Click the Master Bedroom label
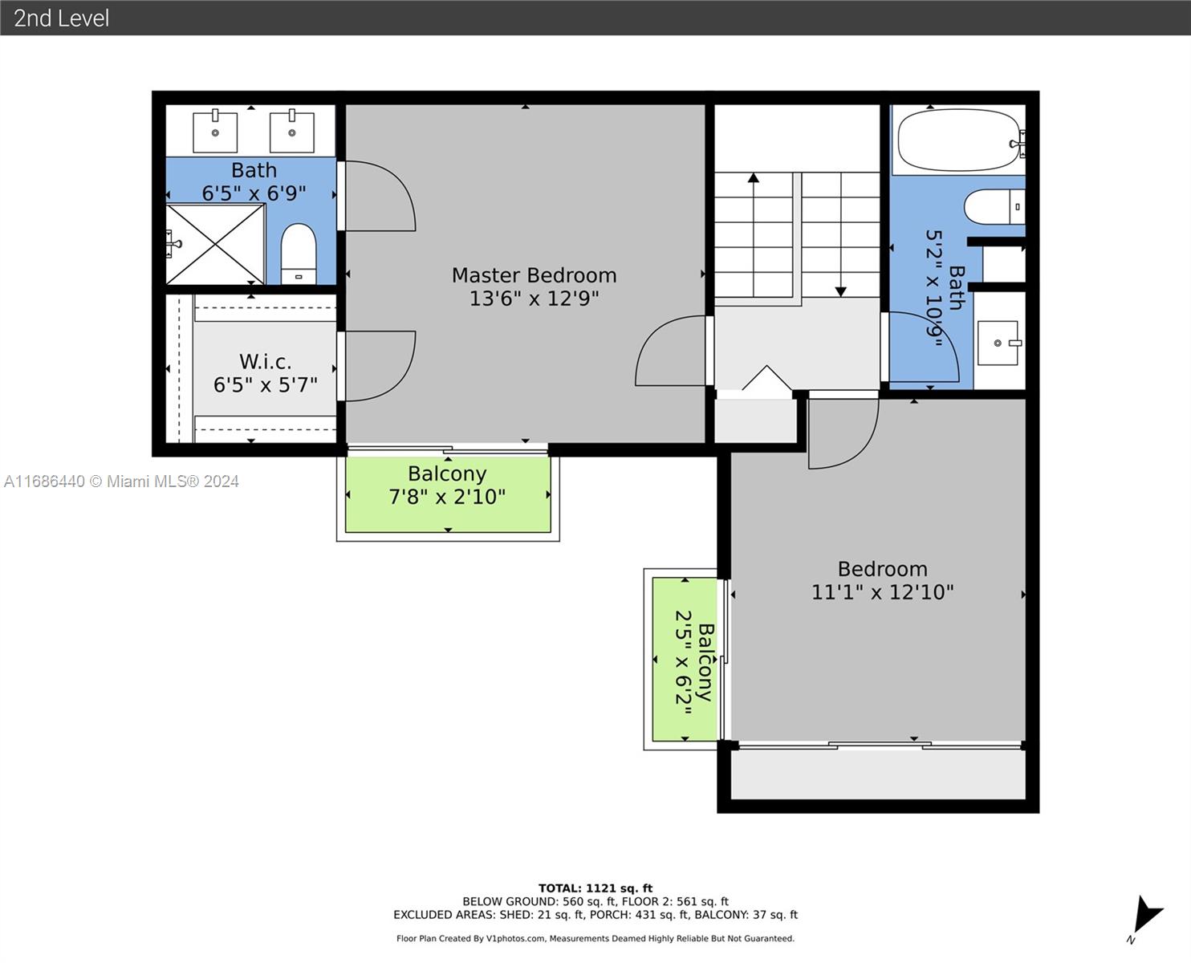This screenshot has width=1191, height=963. click(534, 275)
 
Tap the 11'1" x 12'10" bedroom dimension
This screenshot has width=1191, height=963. click(882, 592)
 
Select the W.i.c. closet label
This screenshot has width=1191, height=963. click(265, 362)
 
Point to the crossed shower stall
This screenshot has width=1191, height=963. click(215, 244)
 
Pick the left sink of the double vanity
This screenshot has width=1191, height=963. click(215, 131)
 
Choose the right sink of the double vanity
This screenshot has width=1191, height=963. click(292, 131)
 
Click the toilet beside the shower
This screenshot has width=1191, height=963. click(299, 254)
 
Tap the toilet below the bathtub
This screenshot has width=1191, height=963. click(994, 206)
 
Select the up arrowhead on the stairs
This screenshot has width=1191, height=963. click(754, 177)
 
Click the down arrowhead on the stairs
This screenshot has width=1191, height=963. click(840, 292)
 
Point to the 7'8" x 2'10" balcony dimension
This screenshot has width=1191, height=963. click(447, 497)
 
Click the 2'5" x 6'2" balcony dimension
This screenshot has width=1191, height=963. click(684, 662)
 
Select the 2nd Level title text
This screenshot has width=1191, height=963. click(62, 18)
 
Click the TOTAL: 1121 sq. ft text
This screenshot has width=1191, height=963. click(595, 888)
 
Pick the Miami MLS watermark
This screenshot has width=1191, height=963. click(121, 481)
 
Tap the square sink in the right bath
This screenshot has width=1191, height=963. click(998, 343)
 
